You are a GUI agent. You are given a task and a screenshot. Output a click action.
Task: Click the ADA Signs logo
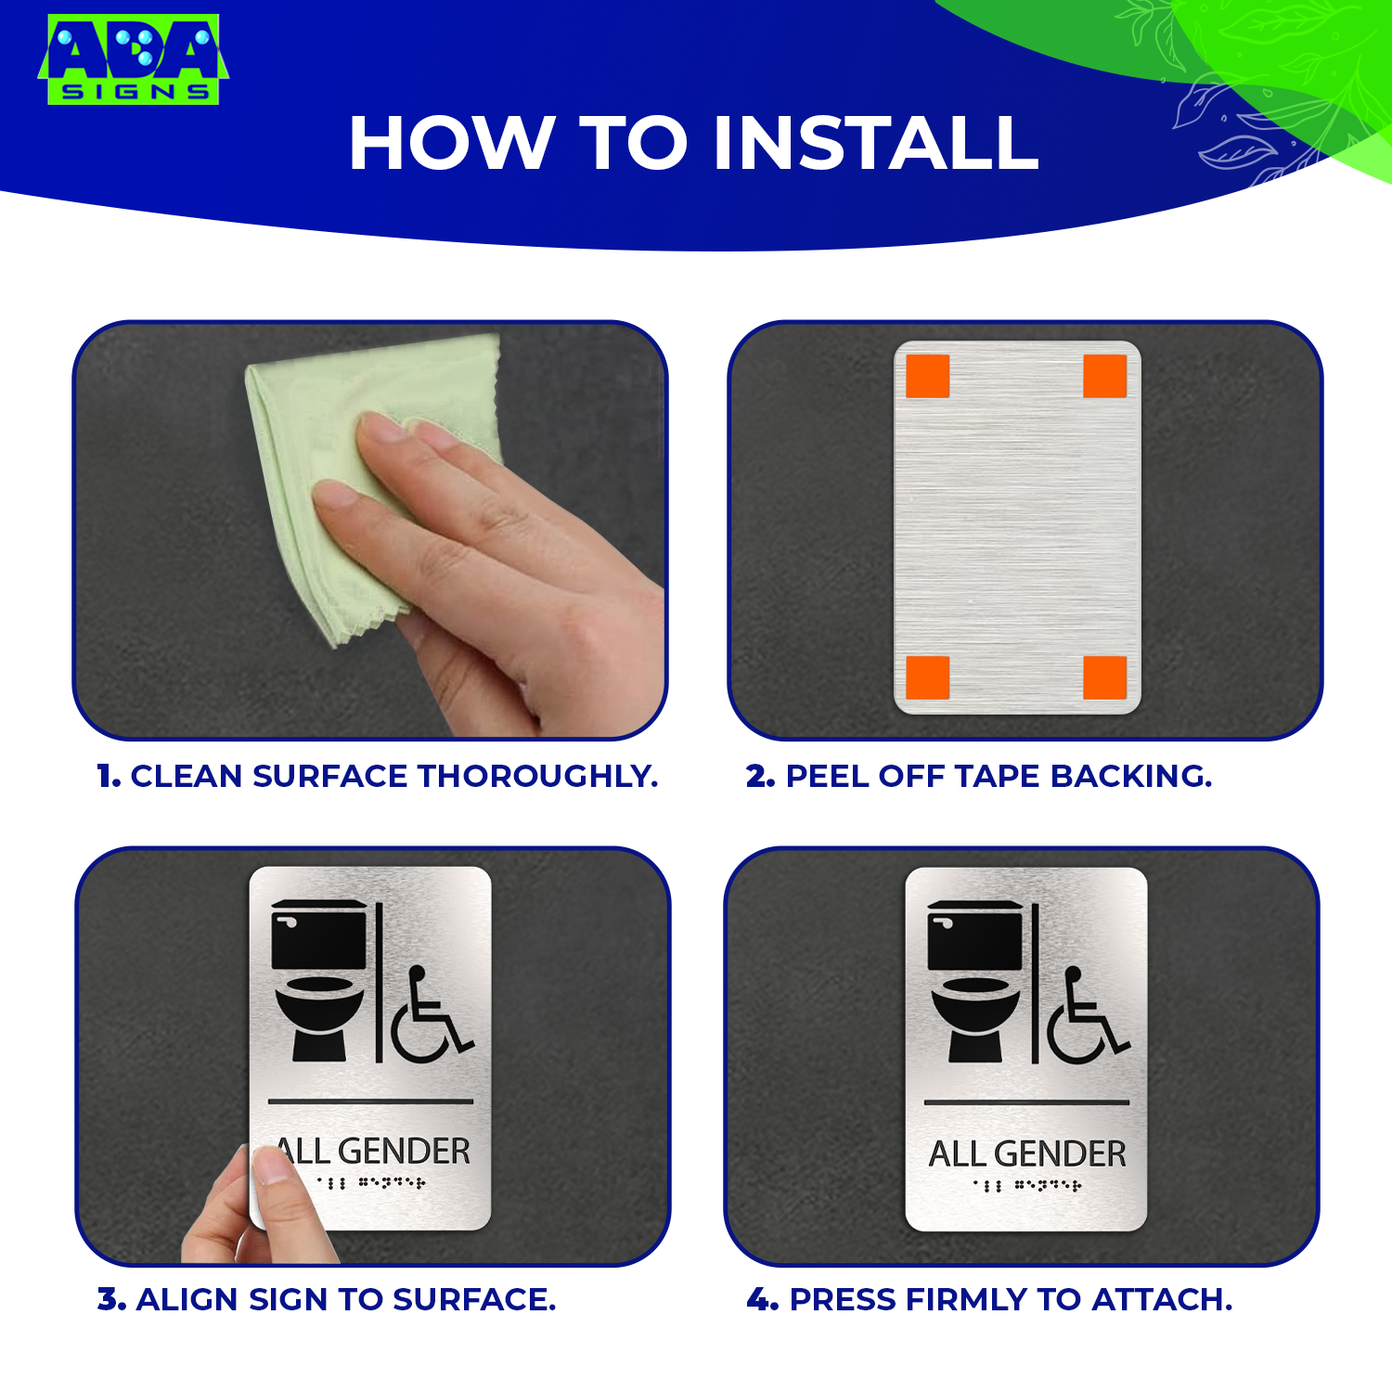click(x=133, y=58)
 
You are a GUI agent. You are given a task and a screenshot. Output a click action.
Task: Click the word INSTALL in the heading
click(x=875, y=144)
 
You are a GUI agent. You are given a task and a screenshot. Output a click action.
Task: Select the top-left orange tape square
click(x=927, y=376)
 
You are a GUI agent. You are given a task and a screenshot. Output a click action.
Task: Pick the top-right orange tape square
click(x=1104, y=376)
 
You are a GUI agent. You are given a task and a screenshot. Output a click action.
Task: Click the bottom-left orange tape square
click(x=927, y=677)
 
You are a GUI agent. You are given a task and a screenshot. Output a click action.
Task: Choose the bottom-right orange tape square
click(x=1104, y=677)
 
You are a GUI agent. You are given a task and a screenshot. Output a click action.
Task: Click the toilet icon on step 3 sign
click(x=319, y=981)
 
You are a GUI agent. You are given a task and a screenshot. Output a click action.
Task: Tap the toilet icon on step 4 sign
click(x=975, y=982)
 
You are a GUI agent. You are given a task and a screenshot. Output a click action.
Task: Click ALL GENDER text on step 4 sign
click(x=1027, y=1154)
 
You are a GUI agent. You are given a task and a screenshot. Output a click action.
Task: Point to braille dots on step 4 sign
click(x=1027, y=1185)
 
